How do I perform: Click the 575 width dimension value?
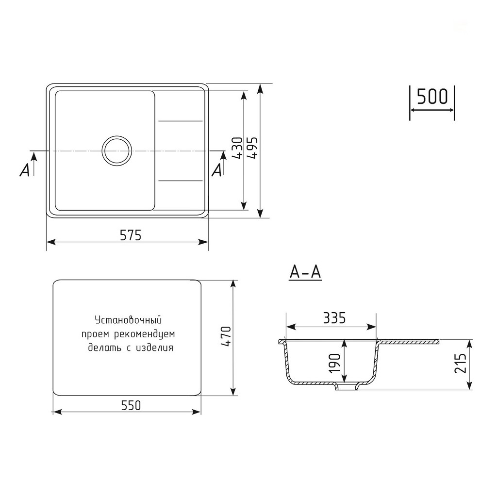coord(131,235)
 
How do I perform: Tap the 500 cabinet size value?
coord(432,97)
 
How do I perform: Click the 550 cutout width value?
coord(131,405)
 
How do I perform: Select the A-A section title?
coord(305,273)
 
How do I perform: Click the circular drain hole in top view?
coord(116,149)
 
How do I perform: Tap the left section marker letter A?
coord(25,169)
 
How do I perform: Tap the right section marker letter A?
coord(217,169)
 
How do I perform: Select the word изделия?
coord(155,348)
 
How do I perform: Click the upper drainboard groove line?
coord(180,120)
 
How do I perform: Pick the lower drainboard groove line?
coord(180,181)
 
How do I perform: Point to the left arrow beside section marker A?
coord(34,158)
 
